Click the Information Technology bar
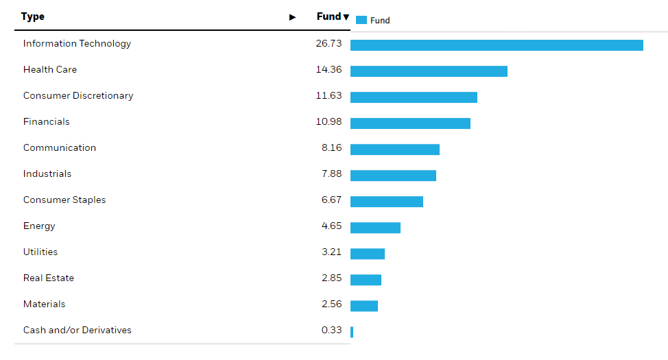point(497,45)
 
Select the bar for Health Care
point(429,71)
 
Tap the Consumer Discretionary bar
point(414,97)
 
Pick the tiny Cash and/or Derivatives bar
point(352,332)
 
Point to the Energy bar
point(375,228)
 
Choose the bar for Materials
point(364,306)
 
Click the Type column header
point(33,16)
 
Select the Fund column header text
point(329,16)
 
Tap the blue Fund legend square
point(361,20)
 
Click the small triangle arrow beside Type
point(293,17)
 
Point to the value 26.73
point(329,43)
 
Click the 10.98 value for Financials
point(329,121)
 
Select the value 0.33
point(331,330)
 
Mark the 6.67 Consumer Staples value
point(331,200)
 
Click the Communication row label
point(60,147)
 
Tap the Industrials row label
point(47,173)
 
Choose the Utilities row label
point(40,252)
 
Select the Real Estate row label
point(49,278)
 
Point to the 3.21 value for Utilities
point(331,252)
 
